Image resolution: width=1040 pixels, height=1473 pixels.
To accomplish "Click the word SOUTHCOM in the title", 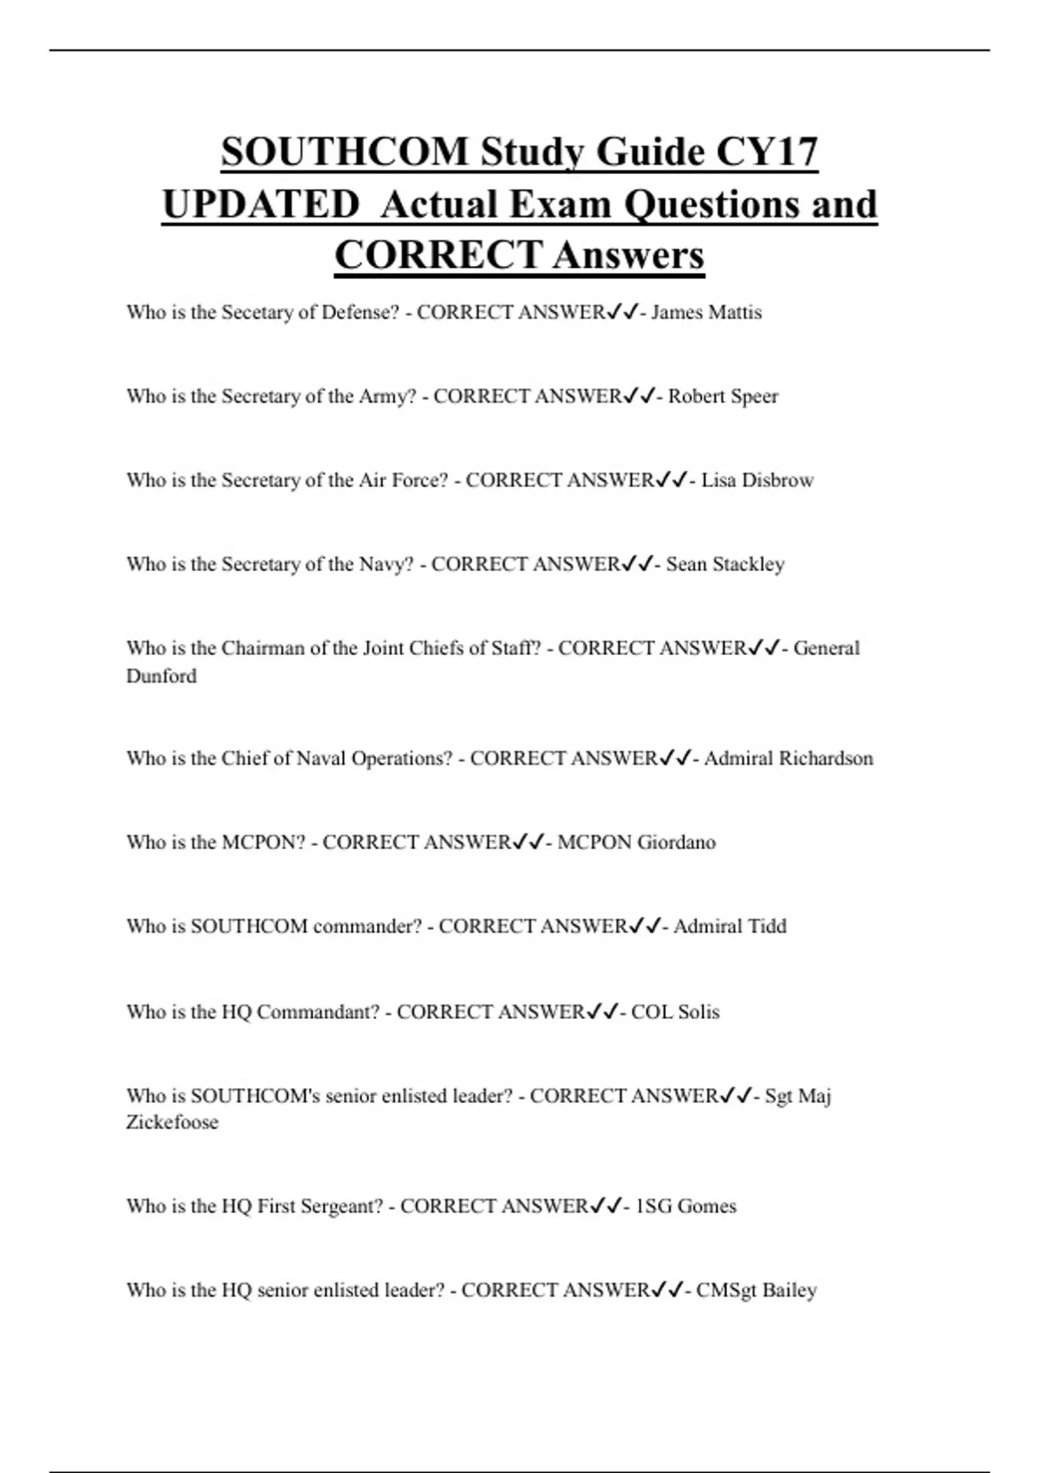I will [x=344, y=152].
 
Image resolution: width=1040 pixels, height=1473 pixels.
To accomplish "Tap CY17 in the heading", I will [x=767, y=152].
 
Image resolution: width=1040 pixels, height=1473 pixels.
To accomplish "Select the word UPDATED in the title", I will [x=260, y=204].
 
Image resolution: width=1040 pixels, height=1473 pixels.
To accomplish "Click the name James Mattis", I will [x=706, y=312].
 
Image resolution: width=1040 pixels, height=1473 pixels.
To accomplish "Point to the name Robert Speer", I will [x=723, y=396].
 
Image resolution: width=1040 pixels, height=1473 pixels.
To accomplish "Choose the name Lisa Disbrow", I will [x=757, y=480].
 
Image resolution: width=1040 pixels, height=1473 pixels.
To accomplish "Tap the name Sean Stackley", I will [x=725, y=564].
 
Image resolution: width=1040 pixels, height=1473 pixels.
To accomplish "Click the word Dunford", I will [x=161, y=676].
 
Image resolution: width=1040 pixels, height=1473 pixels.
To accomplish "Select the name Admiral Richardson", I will [x=789, y=758].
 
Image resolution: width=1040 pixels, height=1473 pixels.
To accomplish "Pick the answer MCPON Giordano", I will [x=636, y=842].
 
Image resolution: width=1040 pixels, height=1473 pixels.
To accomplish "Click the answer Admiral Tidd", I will [x=730, y=926].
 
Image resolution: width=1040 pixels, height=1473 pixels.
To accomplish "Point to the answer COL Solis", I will [x=675, y=1012].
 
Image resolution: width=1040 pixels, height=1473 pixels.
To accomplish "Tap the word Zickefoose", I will [x=172, y=1122].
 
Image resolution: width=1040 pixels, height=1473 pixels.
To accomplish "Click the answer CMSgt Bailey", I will [x=757, y=1290].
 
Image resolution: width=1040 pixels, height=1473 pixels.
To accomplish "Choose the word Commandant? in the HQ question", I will [x=318, y=1012].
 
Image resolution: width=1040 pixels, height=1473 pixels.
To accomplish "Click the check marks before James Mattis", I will [x=622, y=312].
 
